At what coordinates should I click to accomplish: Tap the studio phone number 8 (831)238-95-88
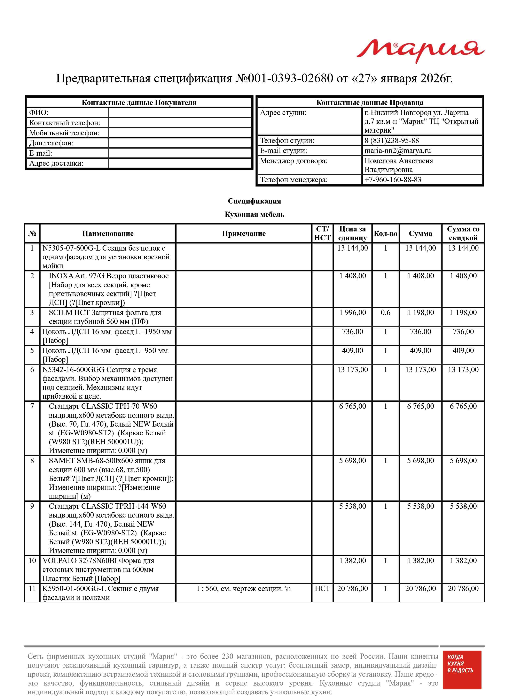[x=392, y=140]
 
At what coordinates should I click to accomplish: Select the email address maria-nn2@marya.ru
[x=398, y=151]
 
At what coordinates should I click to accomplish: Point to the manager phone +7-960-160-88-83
[x=393, y=180]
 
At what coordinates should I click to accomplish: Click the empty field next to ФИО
[x=180, y=113]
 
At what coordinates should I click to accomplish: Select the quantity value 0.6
[x=385, y=313]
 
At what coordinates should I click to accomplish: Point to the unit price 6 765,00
[x=352, y=406]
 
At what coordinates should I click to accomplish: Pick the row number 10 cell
[x=32, y=560]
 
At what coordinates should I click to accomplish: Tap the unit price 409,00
[x=352, y=351]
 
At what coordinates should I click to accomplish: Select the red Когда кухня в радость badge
[x=462, y=673]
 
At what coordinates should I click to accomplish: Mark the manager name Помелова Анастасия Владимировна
[x=399, y=165]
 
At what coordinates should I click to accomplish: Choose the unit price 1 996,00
[x=352, y=313]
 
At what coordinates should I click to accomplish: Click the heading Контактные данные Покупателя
[x=139, y=103]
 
